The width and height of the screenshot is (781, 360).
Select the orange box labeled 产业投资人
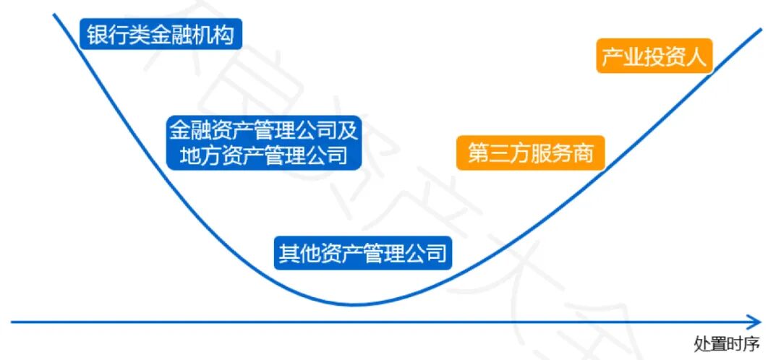click(654, 56)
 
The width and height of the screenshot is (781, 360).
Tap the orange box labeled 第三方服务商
click(530, 154)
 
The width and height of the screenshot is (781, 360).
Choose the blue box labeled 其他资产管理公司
click(362, 254)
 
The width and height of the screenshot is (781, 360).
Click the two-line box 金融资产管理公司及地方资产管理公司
click(264, 142)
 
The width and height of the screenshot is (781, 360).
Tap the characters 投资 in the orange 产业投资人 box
click(654, 56)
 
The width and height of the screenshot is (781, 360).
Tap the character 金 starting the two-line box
click(178, 130)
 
